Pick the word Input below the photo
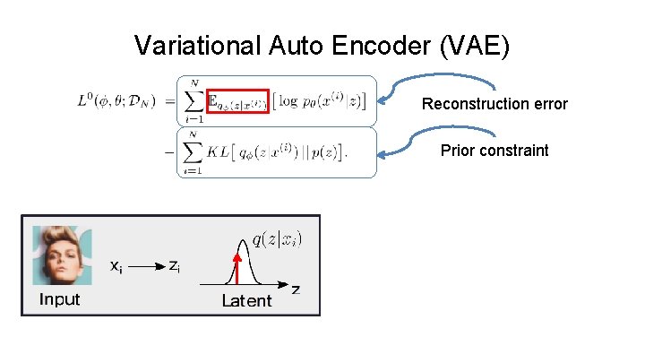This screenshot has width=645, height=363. (x=59, y=299)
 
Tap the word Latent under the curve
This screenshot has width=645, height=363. (x=246, y=301)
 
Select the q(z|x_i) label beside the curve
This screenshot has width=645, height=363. (x=277, y=238)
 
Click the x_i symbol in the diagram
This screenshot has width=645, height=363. (x=116, y=266)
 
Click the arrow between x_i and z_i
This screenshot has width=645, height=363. (x=145, y=266)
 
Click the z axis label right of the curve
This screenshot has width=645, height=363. (x=296, y=290)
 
